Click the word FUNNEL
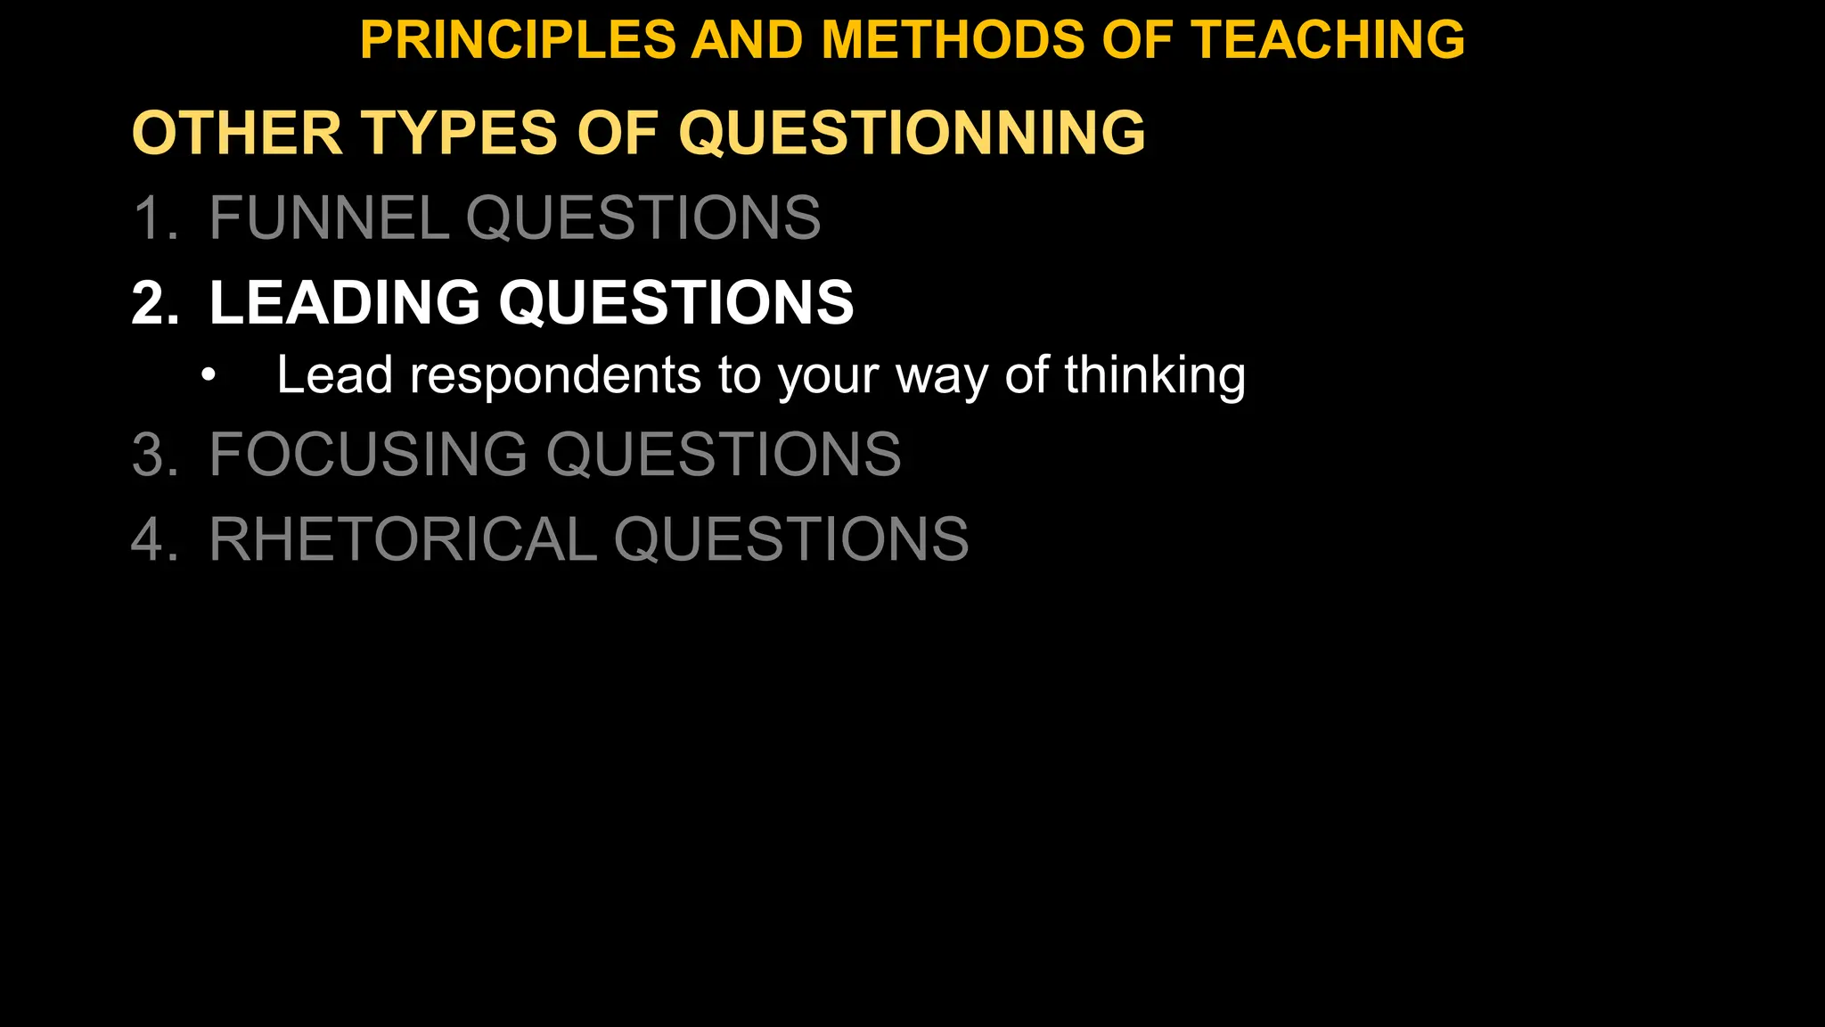point(329,218)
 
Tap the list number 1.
point(151,218)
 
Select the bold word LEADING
point(344,303)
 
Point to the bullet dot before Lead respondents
point(209,376)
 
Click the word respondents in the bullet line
point(555,376)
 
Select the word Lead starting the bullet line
point(334,376)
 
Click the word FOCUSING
point(368,455)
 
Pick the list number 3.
point(151,455)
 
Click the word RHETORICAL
point(403,539)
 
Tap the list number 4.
point(151,539)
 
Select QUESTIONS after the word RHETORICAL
point(791,539)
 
